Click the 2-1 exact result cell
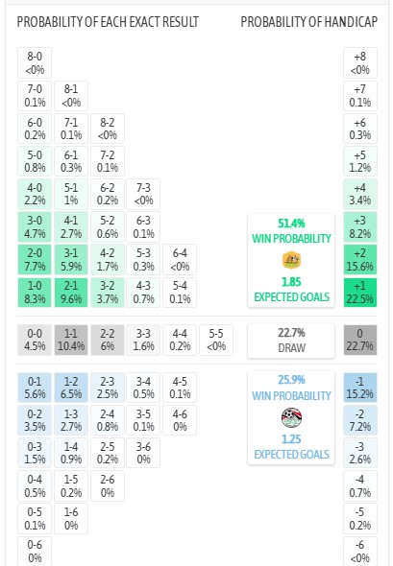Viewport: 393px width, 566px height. pyautogui.click(x=71, y=293)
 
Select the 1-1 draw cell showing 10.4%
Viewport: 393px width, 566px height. pyautogui.click(x=71, y=340)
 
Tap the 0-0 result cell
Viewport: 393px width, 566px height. pyautogui.click(x=35, y=340)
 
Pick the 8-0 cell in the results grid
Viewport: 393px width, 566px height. pyautogui.click(x=35, y=62)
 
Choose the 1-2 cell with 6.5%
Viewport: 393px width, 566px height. pyautogui.click(x=71, y=388)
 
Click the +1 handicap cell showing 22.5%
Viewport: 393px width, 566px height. pyautogui.click(x=360, y=293)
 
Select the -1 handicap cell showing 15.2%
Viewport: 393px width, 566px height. pyautogui.click(x=360, y=388)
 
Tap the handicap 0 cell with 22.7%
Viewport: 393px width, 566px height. pyautogui.click(x=360, y=340)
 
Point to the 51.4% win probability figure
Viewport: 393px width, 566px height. pyautogui.click(x=291, y=224)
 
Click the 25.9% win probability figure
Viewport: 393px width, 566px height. pyautogui.click(x=291, y=380)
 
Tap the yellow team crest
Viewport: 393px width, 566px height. pyautogui.click(x=291, y=260)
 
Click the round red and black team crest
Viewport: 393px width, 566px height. pyautogui.click(x=291, y=417)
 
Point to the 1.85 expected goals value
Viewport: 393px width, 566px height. pyautogui.click(x=291, y=281)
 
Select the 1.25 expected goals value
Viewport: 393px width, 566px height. pyautogui.click(x=291, y=439)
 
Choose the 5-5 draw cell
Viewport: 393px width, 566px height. pyautogui.click(x=216, y=340)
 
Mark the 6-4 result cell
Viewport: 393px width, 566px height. pyautogui.click(x=180, y=260)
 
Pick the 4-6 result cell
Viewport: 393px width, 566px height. pyautogui.click(x=180, y=420)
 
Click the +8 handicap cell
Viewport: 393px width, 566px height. pyautogui.click(x=360, y=62)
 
